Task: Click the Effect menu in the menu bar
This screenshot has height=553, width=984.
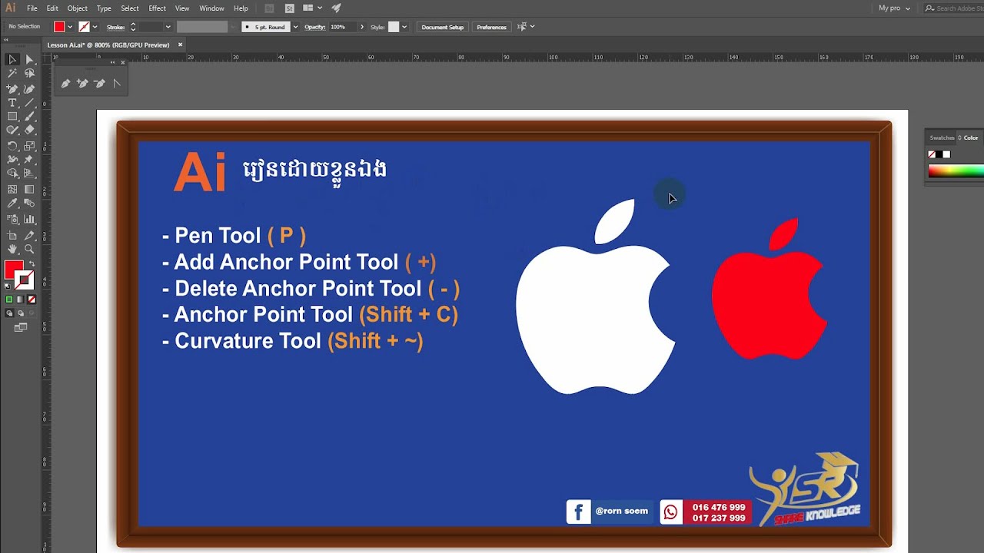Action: point(157,8)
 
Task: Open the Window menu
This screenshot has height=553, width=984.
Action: point(211,8)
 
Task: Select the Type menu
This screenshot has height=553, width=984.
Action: point(104,8)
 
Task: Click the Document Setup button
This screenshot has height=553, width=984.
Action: point(442,27)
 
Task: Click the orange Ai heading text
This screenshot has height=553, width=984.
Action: point(199,172)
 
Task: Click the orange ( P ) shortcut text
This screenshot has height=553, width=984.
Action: point(286,236)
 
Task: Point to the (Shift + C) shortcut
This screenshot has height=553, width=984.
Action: point(408,314)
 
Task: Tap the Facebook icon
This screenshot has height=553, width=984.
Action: point(578,512)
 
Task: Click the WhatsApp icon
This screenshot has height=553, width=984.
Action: point(671,512)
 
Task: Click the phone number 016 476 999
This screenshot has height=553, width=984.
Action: point(719,507)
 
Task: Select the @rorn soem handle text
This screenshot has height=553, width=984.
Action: point(621,512)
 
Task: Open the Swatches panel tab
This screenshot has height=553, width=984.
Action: point(942,138)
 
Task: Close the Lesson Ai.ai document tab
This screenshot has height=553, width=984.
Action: point(181,45)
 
